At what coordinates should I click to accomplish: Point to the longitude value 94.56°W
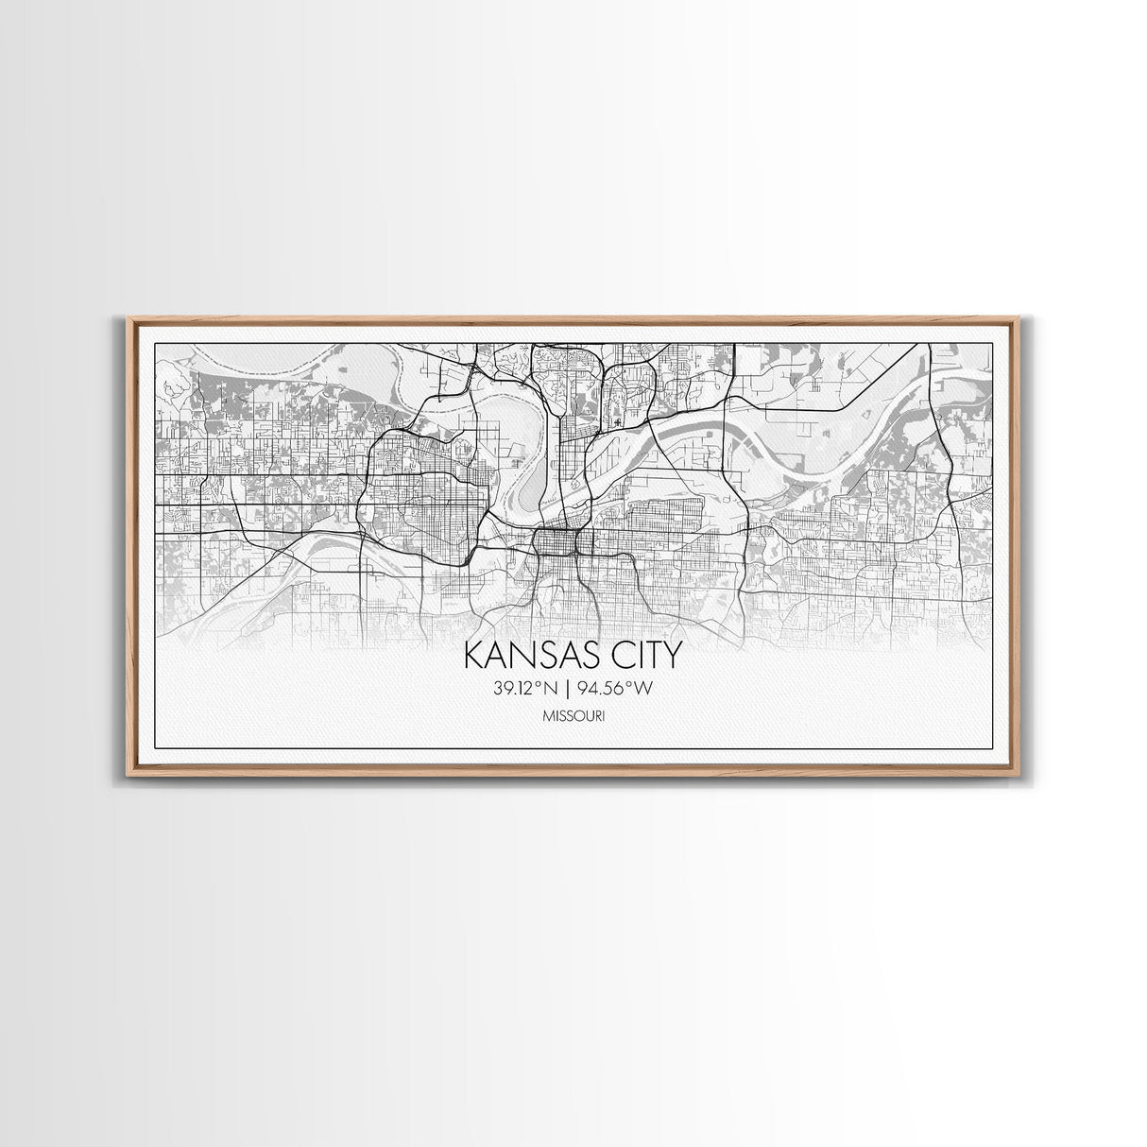tap(617, 689)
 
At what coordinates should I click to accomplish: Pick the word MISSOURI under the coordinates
tap(574, 717)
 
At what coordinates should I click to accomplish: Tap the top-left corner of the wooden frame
tap(128, 319)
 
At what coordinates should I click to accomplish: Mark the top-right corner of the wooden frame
tap(1019, 319)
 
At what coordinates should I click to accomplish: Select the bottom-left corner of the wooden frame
tap(128, 774)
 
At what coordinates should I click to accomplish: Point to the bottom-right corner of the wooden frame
tap(1019, 774)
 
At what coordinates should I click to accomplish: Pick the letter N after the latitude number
tap(556, 689)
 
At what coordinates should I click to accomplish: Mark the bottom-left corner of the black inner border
tap(154, 748)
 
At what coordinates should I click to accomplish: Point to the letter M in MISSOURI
tap(549, 717)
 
